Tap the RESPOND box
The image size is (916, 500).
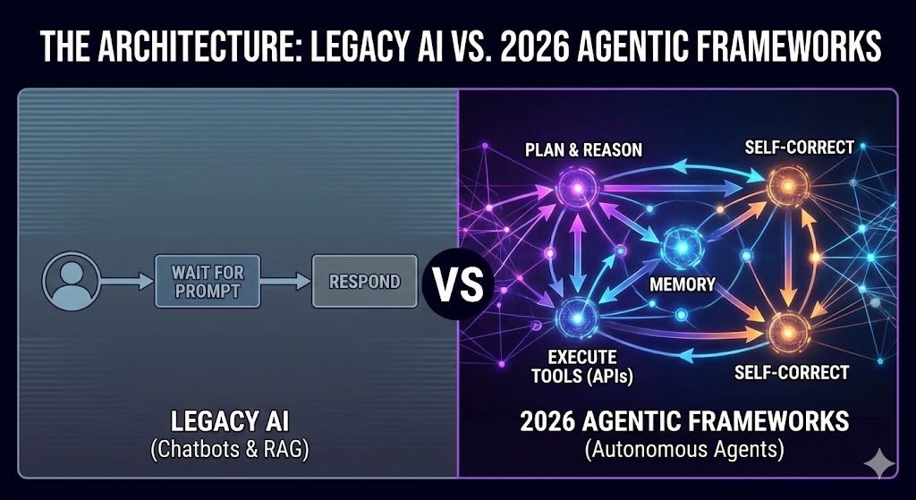tap(364, 282)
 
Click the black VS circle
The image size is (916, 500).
tap(458, 285)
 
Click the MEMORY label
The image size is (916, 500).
tap(681, 284)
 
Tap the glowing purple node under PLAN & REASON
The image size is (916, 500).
tap(571, 189)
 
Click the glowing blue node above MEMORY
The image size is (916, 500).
tap(681, 243)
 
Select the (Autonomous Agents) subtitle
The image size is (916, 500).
tap(684, 451)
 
